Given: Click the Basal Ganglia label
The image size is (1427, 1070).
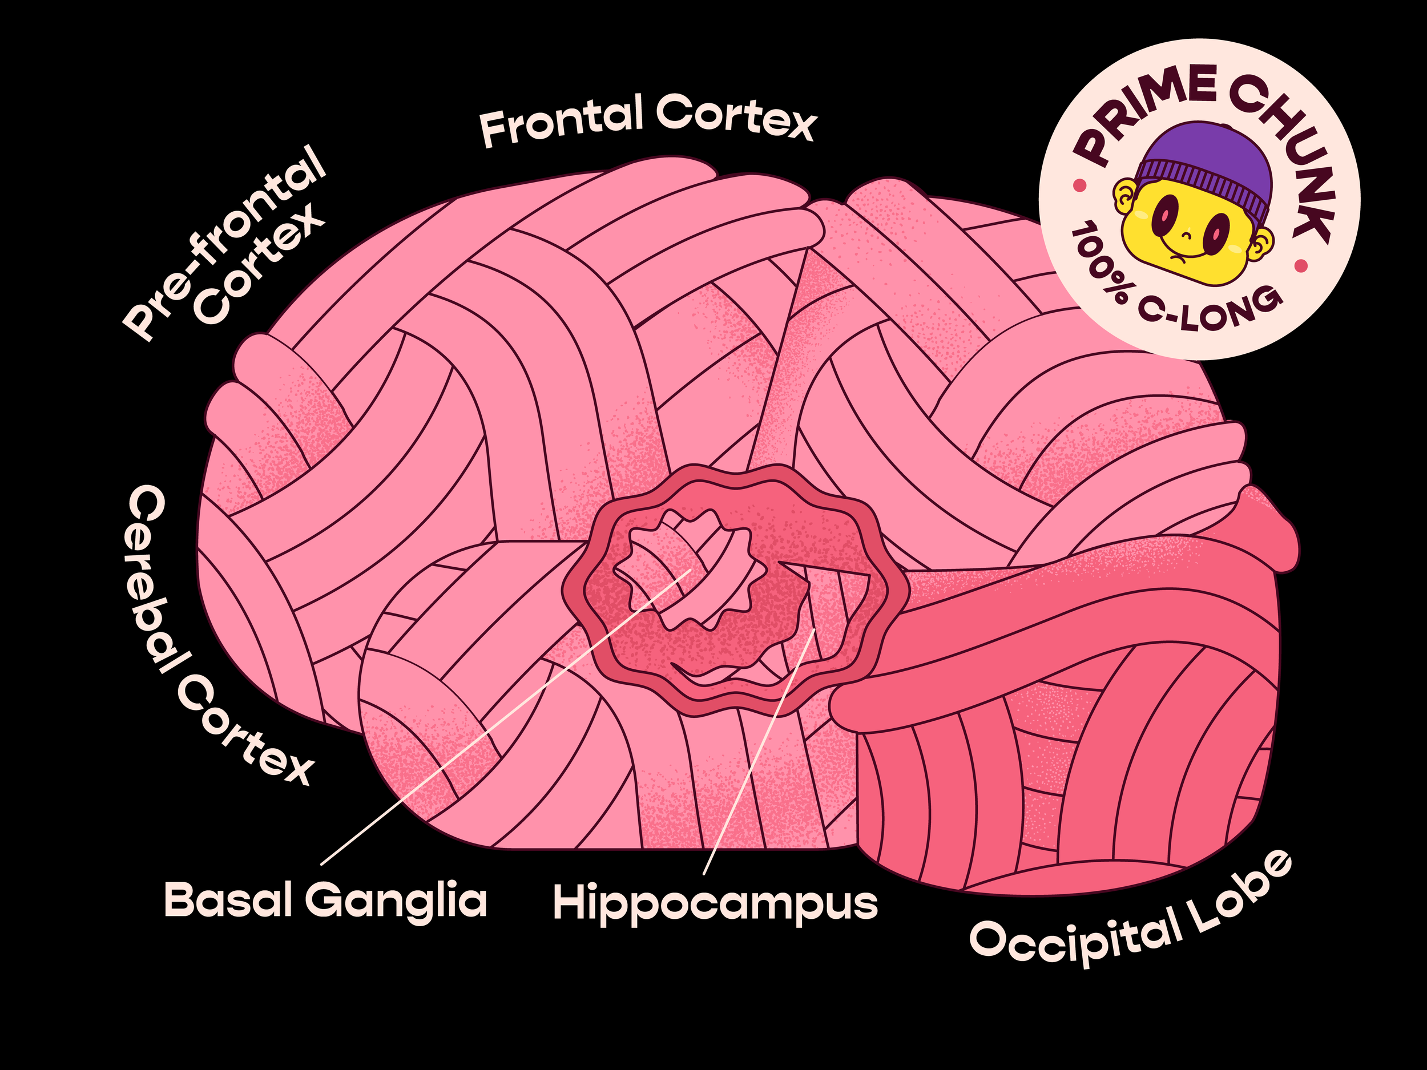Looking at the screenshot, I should [x=325, y=901].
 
